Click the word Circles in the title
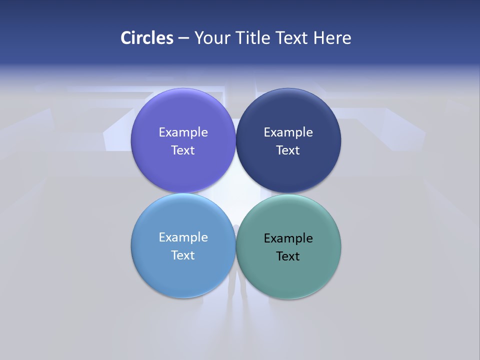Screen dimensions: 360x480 click(x=146, y=38)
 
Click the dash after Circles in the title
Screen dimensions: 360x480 click(x=183, y=38)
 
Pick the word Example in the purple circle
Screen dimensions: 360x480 click(x=183, y=132)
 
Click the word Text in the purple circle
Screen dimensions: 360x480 click(x=183, y=150)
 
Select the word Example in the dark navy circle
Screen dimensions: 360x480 click(x=288, y=132)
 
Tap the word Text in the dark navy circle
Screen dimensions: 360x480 click(x=288, y=150)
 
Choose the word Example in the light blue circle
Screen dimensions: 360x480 click(x=183, y=237)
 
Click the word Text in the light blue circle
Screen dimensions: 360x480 click(x=183, y=255)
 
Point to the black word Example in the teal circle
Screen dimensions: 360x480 click(x=288, y=238)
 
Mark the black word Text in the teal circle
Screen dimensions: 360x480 click(x=288, y=256)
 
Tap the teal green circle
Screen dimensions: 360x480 click(x=288, y=277)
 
